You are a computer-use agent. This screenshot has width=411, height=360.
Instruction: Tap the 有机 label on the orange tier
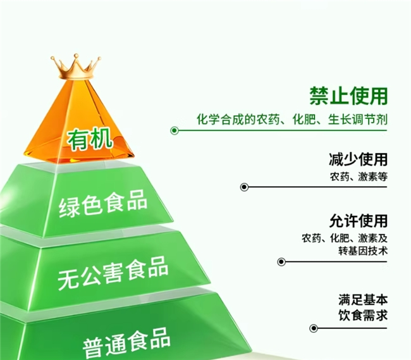90,139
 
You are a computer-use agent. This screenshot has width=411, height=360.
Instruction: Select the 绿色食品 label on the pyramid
102,203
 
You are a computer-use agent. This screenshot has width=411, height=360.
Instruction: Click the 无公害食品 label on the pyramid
113,273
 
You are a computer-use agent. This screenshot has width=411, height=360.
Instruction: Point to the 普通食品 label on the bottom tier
126,343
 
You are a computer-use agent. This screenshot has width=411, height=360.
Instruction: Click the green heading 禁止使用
348,96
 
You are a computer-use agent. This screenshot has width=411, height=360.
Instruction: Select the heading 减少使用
358,159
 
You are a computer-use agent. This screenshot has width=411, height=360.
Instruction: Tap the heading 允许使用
359,221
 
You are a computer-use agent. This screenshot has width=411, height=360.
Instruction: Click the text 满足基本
363,300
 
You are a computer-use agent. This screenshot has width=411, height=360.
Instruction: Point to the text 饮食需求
363,315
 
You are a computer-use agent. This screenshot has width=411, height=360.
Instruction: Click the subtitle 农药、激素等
359,177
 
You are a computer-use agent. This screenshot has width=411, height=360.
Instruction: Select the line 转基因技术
363,251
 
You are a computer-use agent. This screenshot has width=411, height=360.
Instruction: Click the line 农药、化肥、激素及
345,239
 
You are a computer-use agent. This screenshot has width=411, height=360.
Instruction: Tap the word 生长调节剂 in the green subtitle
357,120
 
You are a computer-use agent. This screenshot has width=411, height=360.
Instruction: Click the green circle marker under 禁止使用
175,130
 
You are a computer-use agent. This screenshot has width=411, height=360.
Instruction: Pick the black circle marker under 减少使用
244,187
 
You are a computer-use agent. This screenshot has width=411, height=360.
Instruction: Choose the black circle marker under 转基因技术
281,262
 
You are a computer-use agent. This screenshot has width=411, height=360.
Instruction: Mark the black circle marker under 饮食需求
314,328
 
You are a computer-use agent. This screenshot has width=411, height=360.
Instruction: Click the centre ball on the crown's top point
76,56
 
